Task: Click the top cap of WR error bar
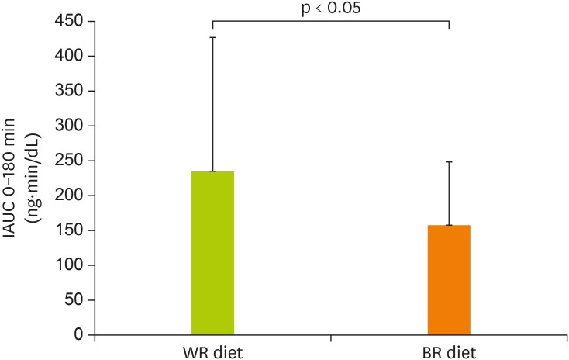pyautogui.click(x=212, y=37)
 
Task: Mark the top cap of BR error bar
pyautogui.click(x=449, y=162)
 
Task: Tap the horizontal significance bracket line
pyautogui.click(x=331, y=22)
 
